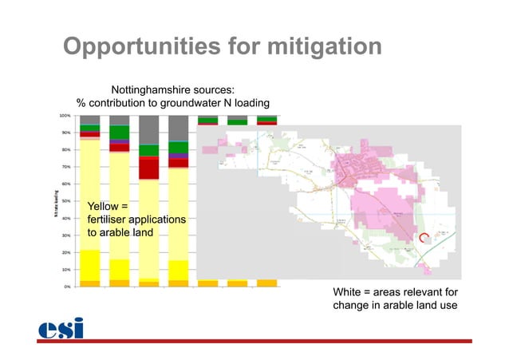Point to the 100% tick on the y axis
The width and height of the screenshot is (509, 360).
(x=67, y=116)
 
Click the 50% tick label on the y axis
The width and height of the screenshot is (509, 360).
(x=69, y=201)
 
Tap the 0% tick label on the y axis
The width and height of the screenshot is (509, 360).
(x=70, y=286)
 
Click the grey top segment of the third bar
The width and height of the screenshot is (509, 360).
(x=148, y=129)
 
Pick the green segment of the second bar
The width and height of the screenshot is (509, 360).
(x=119, y=132)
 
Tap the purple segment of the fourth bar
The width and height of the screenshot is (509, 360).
(x=178, y=156)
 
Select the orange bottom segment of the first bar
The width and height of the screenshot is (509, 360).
(x=89, y=283)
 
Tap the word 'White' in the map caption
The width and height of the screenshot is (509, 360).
(x=348, y=294)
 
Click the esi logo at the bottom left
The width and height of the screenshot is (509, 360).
(x=61, y=328)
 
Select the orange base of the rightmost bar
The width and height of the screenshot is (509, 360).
(x=266, y=283)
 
